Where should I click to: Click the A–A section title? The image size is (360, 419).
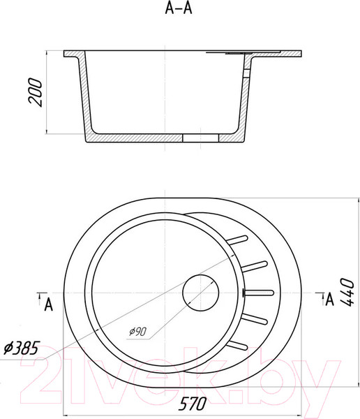(179, 8)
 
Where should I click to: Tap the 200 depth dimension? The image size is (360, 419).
(36, 92)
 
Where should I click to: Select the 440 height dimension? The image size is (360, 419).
(347, 292)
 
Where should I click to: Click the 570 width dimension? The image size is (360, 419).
(193, 403)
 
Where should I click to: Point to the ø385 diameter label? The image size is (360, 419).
(22, 348)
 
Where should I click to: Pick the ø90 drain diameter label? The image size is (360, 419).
(138, 331)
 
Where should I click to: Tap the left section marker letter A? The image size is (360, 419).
(48, 304)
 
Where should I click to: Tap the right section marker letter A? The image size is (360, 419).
(330, 300)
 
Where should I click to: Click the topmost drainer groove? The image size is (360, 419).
(237, 240)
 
